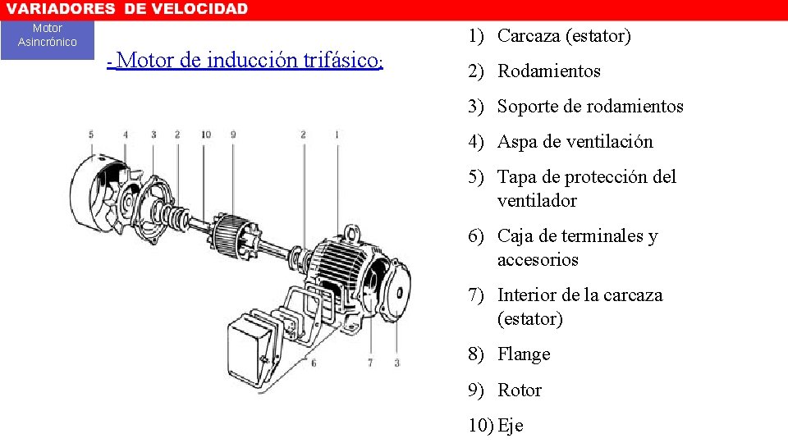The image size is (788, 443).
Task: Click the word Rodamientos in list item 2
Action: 548,71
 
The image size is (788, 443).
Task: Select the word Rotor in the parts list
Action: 520,390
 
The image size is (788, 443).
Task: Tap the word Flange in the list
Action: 524,354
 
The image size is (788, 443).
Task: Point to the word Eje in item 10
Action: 510,426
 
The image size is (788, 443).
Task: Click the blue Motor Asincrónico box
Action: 48,36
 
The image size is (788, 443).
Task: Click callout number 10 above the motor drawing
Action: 204,135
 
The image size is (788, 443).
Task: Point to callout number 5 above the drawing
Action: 91,135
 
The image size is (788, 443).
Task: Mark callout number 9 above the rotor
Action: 233,135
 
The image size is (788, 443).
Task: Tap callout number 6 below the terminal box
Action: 313,362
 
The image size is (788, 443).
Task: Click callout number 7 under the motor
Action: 371,362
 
